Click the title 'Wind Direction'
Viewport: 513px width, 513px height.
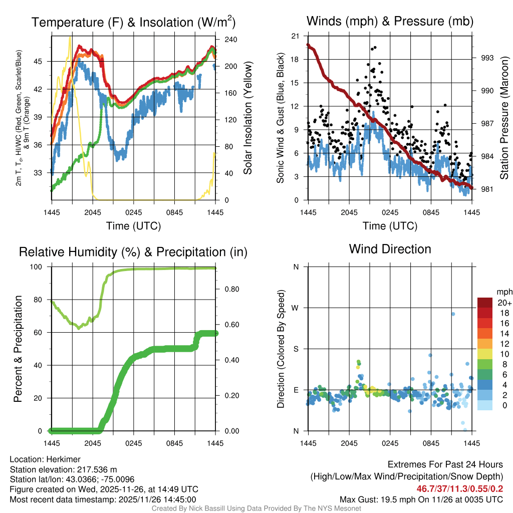tap(390, 249)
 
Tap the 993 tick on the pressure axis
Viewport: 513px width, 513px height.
tap(487, 58)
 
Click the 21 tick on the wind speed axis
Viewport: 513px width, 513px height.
tap(296, 36)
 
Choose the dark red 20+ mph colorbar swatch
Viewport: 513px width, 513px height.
tap(485, 303)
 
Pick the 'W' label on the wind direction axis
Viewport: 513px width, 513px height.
tap(296, 308)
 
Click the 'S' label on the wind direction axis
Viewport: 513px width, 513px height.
tap(296, 349)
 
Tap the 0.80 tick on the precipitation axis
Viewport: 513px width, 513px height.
tap(231, 289)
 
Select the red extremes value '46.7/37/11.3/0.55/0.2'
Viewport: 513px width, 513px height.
tap(459, 488)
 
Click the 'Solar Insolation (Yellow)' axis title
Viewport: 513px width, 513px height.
tap(247, 118)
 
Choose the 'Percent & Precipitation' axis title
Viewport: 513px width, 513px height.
tap(18, 349)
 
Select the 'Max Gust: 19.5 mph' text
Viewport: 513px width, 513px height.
tap(383, 499)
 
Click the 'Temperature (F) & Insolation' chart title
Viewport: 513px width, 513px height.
tap(133, 22)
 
